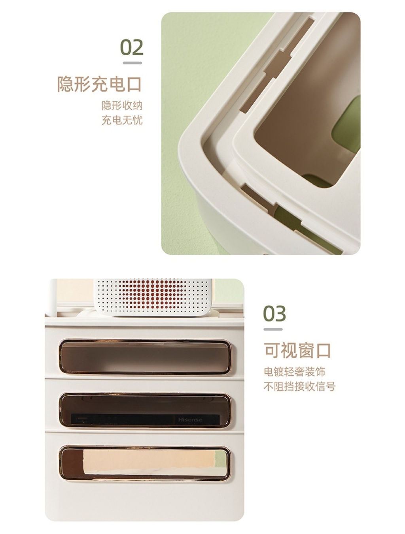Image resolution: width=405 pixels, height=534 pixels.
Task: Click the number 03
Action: coord(274,314)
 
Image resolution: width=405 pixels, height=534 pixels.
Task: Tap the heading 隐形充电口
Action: coord(99,84)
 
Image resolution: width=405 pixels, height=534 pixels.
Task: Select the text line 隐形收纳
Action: coord(122,105)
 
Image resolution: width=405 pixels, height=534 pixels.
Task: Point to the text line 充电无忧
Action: coord(122,120)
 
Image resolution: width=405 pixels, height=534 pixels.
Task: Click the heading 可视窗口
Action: coord(297,351)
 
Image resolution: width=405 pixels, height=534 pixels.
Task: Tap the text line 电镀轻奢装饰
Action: coord(294,372)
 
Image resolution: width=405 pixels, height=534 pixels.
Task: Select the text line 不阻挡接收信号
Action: coord(299,386)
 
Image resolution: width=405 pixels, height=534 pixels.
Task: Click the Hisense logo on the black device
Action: coord(190,420)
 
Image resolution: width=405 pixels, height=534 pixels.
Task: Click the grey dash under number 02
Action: coord(132,63)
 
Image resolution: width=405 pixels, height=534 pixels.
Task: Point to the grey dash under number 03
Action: coord(273,329)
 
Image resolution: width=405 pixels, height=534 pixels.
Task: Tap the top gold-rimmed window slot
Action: coord(145,357)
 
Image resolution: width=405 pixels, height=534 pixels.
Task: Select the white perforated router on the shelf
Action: coord(153,297)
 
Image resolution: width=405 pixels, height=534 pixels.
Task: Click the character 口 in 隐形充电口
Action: coord(134,84)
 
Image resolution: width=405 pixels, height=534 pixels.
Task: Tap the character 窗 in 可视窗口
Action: coord(306,351)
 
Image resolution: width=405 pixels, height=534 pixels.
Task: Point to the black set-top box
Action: coord(146,420)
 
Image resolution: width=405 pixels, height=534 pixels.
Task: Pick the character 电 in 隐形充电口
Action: coord(117,84)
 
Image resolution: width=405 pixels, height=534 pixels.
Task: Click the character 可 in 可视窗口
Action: coord(272,351)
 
